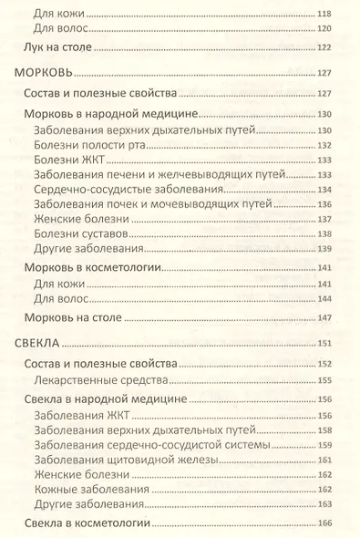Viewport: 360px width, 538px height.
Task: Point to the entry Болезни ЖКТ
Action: tap(66, 160)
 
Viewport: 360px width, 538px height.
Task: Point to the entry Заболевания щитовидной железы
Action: tap(125, 461)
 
